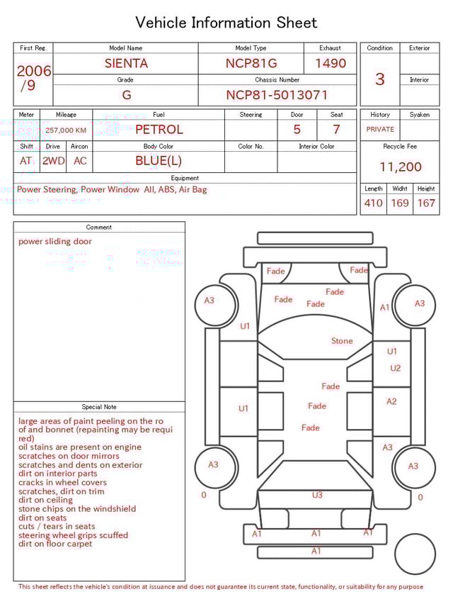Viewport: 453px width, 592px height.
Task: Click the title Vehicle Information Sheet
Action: tap(226, 23)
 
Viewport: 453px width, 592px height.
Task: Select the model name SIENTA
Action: tap(126, 63)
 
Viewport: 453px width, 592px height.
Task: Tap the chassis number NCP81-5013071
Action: tap(277, 95)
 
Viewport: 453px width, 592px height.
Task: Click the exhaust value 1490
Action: tap(331, 63)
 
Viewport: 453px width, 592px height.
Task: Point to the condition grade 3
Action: tap(379, 79)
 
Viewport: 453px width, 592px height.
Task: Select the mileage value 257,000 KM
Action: tap(66, 130)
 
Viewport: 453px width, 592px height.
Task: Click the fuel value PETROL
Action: tap(159, 130)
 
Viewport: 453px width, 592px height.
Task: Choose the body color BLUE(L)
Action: tap(159, 161)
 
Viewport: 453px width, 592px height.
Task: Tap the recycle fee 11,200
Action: tap(400, 167)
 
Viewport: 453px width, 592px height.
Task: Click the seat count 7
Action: tap(336, 130)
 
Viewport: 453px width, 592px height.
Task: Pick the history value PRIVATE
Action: tap(380, 130)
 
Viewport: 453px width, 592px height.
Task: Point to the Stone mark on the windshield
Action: tap(342, 341)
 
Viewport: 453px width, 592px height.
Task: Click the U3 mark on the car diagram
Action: tap(317, 495)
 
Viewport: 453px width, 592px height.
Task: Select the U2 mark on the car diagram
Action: tap(395, 368)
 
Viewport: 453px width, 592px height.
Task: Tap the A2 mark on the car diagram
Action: tap(391, 401)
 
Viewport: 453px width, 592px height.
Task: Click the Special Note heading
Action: tap(99, 407)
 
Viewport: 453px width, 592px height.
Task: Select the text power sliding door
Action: tap(55, 242)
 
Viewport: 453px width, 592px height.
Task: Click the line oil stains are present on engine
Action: tap(80, 447)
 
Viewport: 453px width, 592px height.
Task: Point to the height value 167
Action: tap(426, 203)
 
